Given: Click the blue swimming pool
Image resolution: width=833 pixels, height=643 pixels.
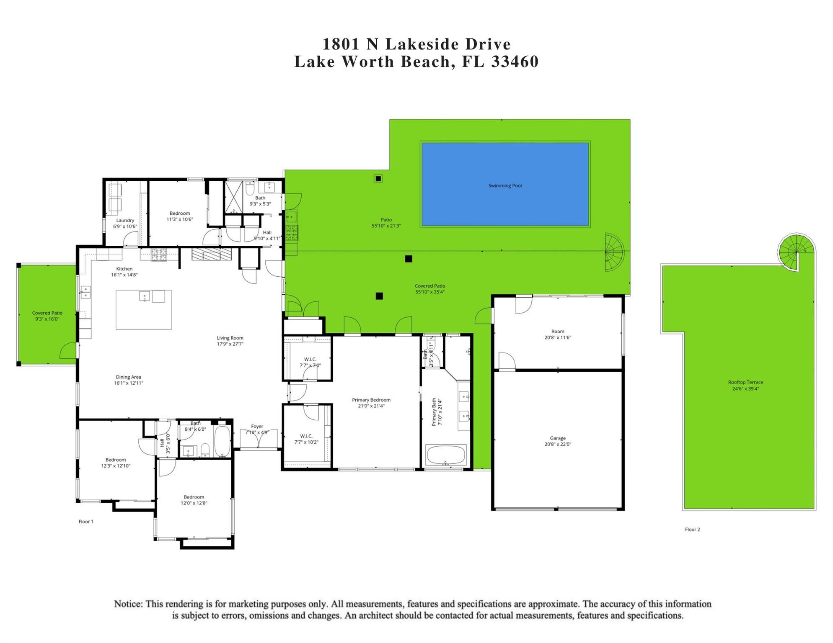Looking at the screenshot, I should point(505,184).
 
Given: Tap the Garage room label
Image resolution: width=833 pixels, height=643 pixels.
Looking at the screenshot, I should point(558,438).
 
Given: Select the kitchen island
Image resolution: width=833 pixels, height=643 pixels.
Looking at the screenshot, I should point(144,310).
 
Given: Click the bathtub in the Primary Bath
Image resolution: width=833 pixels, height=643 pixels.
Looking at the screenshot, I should point(446,455).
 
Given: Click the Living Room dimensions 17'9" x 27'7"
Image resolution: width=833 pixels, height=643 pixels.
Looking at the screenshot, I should point(230,344).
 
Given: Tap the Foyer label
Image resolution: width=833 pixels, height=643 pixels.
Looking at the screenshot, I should point(257,427).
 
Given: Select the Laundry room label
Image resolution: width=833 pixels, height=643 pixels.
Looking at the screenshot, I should point(125,220).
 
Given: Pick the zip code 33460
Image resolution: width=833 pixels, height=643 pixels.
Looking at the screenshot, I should point(515,62).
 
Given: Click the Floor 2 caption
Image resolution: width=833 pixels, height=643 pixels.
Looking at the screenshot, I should point(692,530).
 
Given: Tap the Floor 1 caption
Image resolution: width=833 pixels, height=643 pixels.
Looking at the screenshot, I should point(86,522).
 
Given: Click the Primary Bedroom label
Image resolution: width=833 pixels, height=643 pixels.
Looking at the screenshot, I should point(371,400).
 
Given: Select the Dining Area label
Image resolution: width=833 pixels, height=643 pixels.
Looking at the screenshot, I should point(128,377).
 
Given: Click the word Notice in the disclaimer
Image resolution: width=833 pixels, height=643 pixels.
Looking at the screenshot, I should point(128,604).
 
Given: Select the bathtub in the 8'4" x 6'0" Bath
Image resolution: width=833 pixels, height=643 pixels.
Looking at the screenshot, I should point(222,442).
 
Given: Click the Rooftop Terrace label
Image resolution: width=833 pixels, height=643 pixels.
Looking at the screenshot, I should point(745,382).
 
